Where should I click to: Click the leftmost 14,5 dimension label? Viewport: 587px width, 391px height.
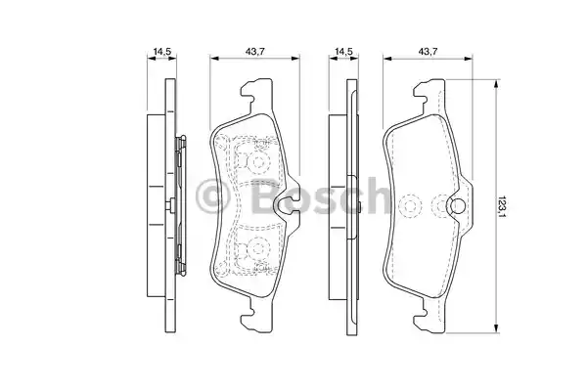click(161, 52)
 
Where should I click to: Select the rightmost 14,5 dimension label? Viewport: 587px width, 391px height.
click(343, 52)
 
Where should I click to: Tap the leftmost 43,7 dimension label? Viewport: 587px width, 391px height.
click(254, 52)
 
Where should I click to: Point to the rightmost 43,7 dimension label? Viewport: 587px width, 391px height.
click(428, 52)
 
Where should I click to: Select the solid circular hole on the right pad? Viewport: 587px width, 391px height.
click(457, 205)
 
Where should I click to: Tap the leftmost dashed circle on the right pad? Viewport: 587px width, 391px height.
click(410, 205)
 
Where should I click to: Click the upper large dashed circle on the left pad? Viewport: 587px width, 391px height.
click(258, 162)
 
